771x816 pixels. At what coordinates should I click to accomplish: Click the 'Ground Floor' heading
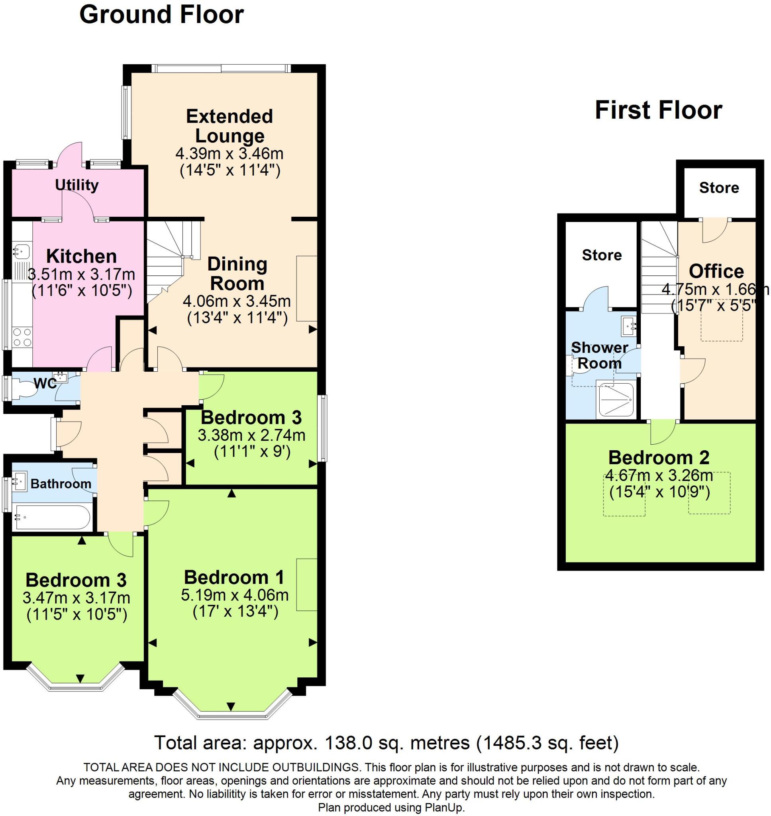click(x=161, y=15)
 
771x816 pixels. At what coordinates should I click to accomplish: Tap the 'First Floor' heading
click(x=658, y=110)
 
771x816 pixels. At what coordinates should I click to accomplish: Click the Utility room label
click(x=77, y=185)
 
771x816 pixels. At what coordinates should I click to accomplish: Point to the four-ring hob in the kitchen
click(x=22, y=337)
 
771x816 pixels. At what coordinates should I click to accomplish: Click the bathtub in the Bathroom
click(x=52, y=517)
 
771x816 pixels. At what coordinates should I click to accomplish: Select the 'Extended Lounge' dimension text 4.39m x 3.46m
click(x=230, y=154)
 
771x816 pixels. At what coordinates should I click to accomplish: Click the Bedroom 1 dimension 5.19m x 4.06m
click(x=235, y=595)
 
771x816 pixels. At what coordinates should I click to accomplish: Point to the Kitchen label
click(x=81, y=256)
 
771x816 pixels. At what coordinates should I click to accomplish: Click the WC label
click(x=45, y=383)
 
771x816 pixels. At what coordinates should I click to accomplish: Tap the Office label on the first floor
click(x=716, y=271)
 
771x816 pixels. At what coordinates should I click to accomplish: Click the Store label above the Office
click(x=719, y=188)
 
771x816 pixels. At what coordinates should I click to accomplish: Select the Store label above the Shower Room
click(x=601, y=255)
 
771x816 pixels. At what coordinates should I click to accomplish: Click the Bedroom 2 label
click(x=658, y=457)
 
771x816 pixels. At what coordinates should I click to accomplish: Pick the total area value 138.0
click(x=344, y=742)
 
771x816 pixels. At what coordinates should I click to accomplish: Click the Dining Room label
click(x=237, y=274)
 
